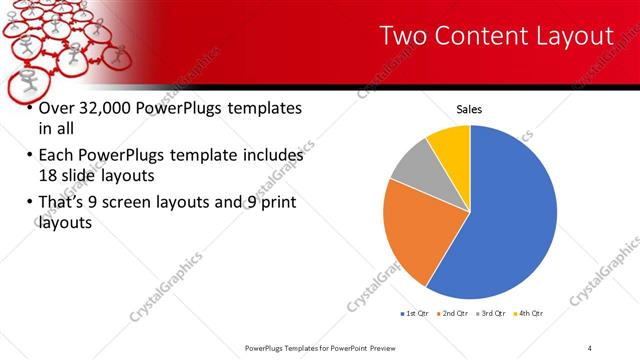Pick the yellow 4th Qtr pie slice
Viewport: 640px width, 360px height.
[450, 145]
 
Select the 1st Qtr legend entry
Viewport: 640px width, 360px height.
[417, 314]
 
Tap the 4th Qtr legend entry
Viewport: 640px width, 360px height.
[530, 314]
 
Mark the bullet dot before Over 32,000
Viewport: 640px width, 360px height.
[29, 109]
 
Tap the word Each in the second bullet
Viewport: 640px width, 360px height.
[58, 156]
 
